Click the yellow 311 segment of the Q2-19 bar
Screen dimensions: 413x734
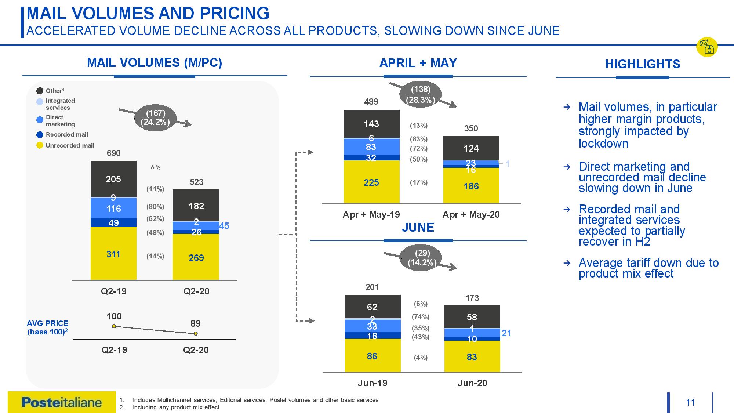coord(113,254)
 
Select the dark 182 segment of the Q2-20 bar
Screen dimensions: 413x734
coord(196,206)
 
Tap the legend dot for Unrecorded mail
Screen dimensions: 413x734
coord(40,145)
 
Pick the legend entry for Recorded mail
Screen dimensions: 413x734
coord(67,134)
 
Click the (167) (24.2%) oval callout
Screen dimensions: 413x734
coord(156,118)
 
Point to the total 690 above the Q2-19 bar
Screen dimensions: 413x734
coord(113,153)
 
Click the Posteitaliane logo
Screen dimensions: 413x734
coord(62,402)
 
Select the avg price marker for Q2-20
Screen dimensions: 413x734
coord(196,333)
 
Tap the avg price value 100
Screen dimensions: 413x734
coord(114,316)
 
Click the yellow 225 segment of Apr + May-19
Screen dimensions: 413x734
coord(371,182)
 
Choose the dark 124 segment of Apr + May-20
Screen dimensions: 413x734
coord(471,148)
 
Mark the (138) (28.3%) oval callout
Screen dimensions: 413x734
coord(421,95)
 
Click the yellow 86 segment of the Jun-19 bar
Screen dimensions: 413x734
coord(372,356)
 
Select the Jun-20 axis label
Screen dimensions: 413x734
coord(472,383)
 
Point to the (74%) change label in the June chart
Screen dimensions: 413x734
coord(421,316)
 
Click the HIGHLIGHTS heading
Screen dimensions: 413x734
coord(642,64)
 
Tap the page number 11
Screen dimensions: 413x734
coord(690,403)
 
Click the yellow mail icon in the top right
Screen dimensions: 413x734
coord(707,47)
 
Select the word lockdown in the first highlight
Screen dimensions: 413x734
coord(603,144)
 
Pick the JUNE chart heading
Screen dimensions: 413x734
coord(418,228)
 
